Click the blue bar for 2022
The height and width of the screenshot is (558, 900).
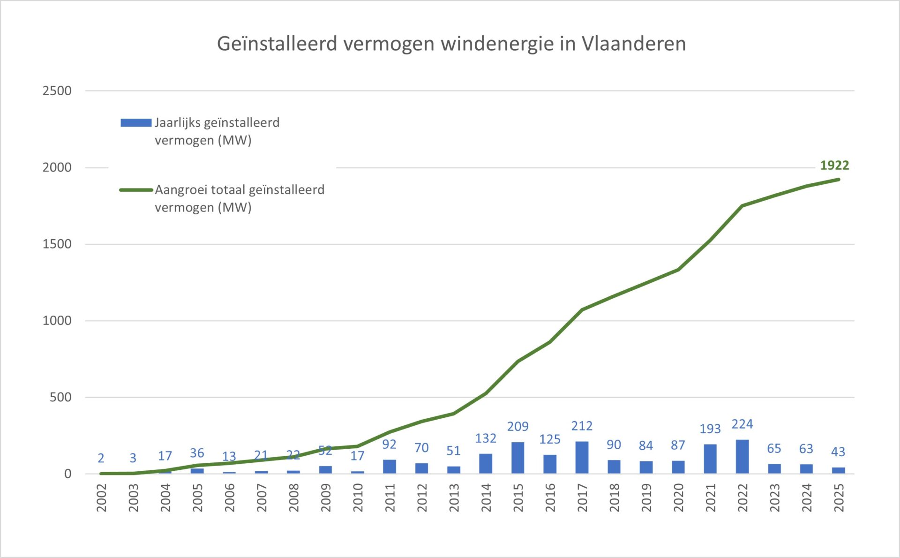(742, 457)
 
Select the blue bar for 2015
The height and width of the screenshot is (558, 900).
(517, 458)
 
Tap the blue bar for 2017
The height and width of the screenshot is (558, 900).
(582, 457)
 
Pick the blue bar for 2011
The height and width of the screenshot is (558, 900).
(389, 467)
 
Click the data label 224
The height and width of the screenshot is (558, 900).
(742, 424)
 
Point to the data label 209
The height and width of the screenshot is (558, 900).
(517, 427)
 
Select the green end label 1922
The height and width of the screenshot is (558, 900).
(834, 166)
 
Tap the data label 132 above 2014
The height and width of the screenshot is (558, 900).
(486, 438)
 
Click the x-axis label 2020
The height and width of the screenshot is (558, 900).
(678, 498)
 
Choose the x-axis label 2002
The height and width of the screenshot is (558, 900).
(102, 498)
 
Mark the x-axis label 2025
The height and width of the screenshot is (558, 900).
(839, 498)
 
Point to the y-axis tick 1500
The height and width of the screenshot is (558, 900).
(57, 244)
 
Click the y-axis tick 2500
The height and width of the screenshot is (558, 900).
(57, 91)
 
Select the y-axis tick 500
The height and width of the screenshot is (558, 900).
(60, 398)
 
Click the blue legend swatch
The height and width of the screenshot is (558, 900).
(136, 123)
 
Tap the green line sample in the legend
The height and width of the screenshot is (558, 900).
(136, 190)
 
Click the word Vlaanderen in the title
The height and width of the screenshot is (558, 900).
(634, 44)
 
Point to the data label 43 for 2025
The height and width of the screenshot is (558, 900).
(838, 452)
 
